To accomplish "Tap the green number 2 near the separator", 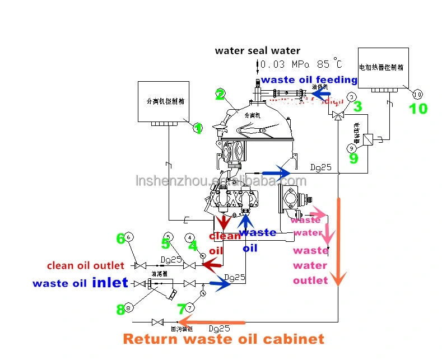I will coord(220,94).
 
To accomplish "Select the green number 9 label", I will coord(353,158).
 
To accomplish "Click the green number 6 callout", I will coord(120,239).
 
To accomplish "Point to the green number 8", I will coord(120,309).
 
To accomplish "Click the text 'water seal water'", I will coord(258,51).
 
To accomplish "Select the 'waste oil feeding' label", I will coord(309,80).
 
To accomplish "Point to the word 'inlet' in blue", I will coord(110,283).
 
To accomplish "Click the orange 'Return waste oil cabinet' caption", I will coord(224,339).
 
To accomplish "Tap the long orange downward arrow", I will coord(338,241).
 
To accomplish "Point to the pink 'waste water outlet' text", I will coord(310,265).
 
